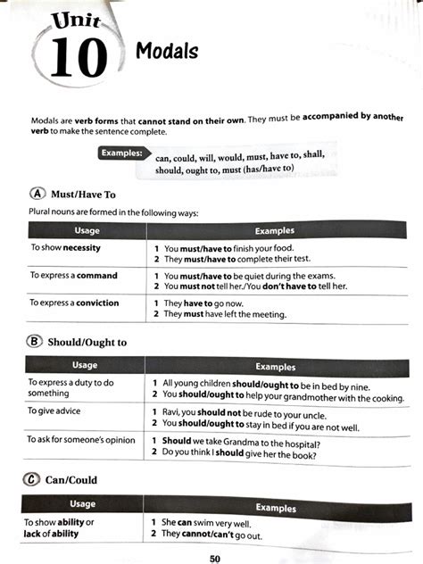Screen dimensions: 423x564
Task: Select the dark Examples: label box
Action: pos(122,153)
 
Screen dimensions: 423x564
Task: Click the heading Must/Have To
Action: pos(84,194)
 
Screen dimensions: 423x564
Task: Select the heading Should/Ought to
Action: pos(88,342)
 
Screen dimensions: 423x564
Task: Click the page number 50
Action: pos(215,558)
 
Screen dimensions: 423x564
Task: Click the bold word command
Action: pos(97,276)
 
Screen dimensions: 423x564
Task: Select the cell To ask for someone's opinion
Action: pos(81,440)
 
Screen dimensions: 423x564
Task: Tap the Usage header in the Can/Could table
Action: pos(82,504)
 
